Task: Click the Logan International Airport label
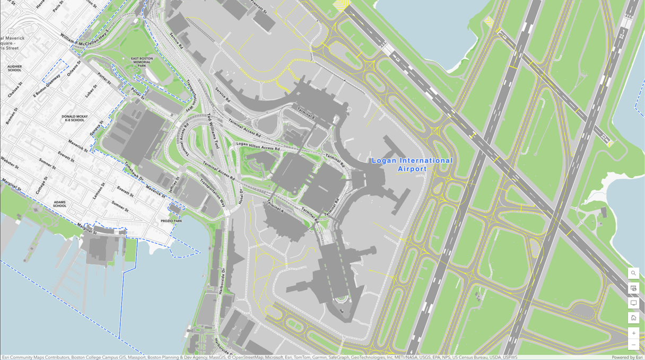click(x=412, y=164)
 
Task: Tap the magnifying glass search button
click(x=633, y=273)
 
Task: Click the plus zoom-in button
click(x=633, y=333)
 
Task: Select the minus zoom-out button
click(x=633, y=345)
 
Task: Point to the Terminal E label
click(x=306, y=112)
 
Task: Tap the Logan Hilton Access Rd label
click(x=258, y=146)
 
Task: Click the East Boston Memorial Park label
click(x=142, y=62)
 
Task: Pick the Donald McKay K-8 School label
click(x=74, y=118)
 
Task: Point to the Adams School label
click(x=59, y=204)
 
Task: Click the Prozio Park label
click(x=171, y=221)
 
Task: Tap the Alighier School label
click(x=14, y=68)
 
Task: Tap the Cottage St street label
click(x=41, y=186)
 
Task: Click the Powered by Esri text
click(x=627, y=357)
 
